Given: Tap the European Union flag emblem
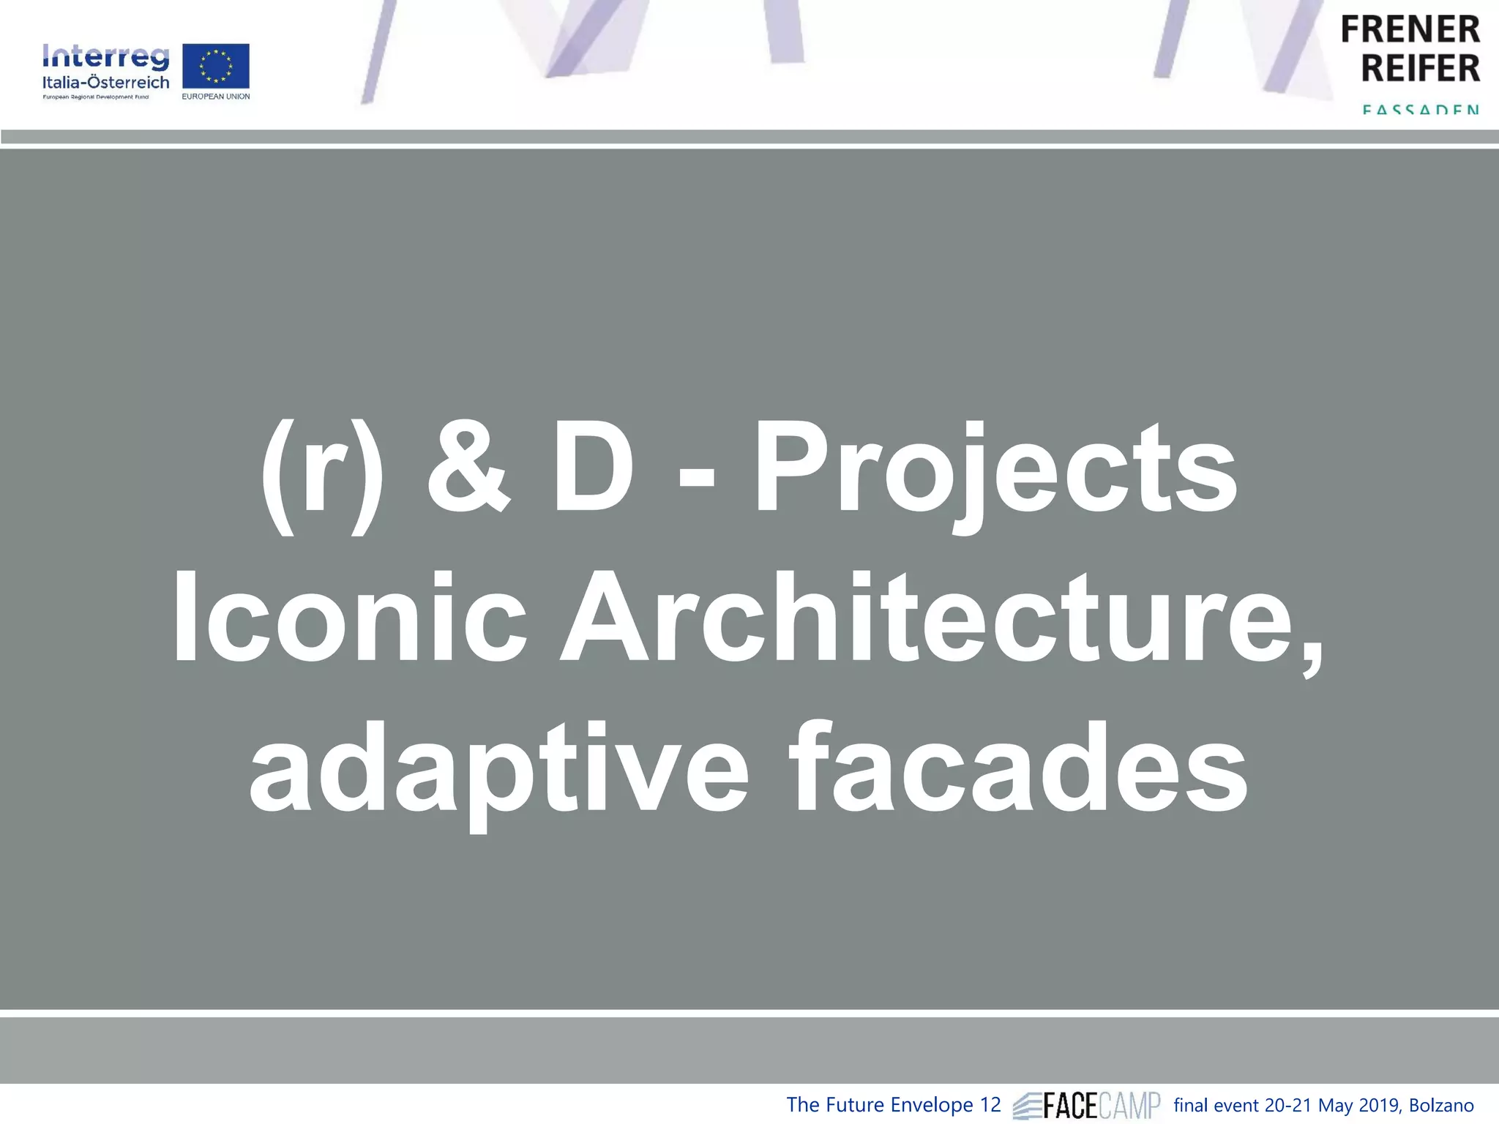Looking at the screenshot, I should point(216,67).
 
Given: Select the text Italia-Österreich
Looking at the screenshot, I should point(106,82).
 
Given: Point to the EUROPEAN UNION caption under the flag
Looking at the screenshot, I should point(216,97).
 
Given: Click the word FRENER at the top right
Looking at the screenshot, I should point(1410,30).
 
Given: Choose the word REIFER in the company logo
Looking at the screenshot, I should point(1420,68).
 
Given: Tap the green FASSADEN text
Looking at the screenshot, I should point(1420,110).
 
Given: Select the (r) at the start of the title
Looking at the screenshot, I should point(322,476).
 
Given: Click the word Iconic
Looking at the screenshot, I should point(350,618).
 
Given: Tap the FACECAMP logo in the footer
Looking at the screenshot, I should point(1087,1106).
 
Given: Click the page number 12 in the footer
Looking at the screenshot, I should point(990,1105).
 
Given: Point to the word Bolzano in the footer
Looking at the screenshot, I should point(1441,1105).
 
